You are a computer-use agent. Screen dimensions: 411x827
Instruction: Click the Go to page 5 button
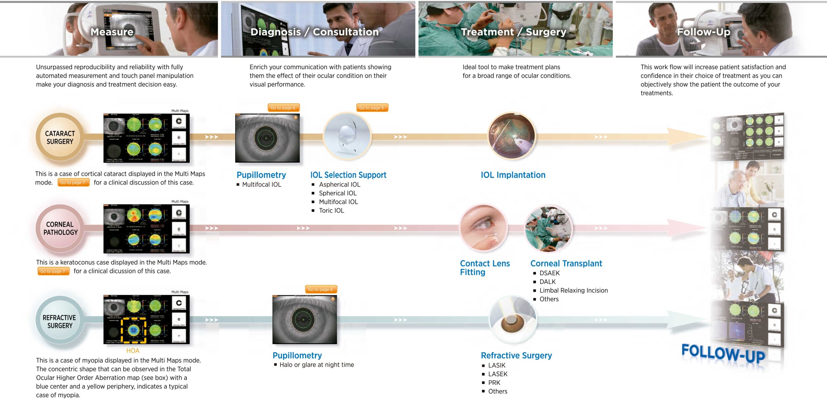(372, 108)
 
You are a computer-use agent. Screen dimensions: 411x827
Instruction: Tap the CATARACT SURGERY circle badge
(60, 137)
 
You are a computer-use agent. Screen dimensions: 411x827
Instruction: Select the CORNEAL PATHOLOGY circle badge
(60, 228)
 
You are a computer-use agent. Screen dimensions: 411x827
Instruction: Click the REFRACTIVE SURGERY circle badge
(60, 321)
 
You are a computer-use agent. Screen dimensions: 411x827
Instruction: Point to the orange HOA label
(133, 351)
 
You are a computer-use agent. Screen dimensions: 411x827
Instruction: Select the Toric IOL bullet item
(331, 211)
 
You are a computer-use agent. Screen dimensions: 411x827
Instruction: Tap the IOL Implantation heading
(513, 175)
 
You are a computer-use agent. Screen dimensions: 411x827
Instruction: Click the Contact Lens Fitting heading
(485, 268)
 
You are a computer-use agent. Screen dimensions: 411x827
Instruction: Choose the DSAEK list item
(550, 273)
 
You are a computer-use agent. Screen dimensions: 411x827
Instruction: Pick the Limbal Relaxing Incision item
(573, 291)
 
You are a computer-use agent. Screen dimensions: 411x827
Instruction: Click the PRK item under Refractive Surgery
(494, 383)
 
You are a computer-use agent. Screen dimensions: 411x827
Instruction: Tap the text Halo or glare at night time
(317, 365)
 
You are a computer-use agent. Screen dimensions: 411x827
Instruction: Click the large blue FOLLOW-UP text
(723, 353)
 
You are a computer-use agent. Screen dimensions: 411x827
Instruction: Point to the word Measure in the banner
(112, 32)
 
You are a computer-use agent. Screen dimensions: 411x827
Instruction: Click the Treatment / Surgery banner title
(513, 32)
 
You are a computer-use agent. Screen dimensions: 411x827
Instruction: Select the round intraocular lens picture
(347, 136)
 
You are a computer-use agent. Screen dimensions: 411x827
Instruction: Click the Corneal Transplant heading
(566, 264)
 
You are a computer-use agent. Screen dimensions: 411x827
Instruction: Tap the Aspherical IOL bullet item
(339, 185)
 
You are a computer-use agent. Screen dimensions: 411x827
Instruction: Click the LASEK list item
(497, 374)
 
